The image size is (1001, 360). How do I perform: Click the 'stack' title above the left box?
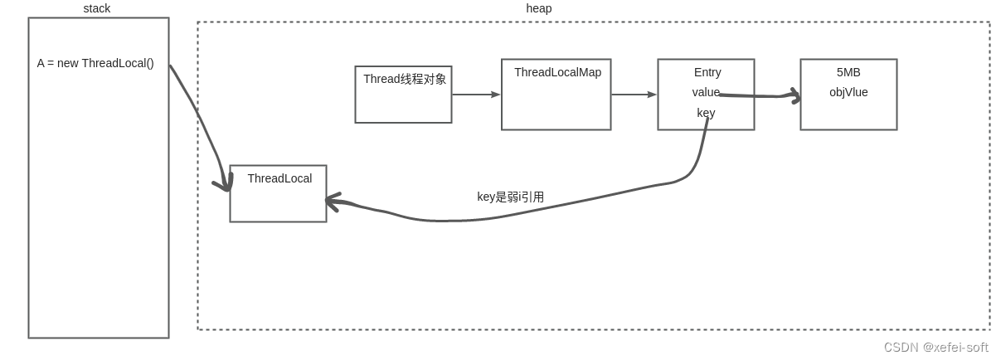pos(96,8)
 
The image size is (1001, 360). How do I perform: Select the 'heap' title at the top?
pos(538,8)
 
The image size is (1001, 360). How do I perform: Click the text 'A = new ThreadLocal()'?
pos(95,63)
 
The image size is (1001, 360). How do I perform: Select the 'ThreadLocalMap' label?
pos(557,72)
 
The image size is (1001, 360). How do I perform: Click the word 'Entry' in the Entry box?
pos(707,72)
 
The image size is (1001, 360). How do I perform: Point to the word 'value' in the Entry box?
pos(706,92)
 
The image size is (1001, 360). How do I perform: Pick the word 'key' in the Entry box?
pos(706,113)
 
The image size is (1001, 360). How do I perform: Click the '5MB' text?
pos(848,72)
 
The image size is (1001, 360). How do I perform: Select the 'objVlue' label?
pos(848,92)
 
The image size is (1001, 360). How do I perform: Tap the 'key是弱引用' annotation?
pos(510,197)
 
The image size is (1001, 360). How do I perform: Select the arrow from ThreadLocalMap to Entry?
pos(634,95)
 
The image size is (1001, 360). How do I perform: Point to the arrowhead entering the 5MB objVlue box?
pos(796,95)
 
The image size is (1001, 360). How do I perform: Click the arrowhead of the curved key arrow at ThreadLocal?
pos(331,200)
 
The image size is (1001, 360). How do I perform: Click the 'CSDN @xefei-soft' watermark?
pos(935,347)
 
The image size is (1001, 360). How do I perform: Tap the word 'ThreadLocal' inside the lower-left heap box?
pos(279,178)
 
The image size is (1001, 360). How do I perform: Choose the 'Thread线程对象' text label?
pos(405,79)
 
